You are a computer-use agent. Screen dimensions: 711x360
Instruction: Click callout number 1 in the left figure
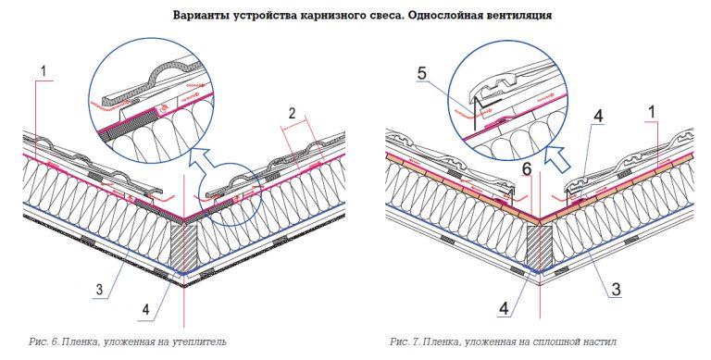[44, 70]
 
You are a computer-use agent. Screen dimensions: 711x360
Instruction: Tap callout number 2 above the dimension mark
[293, 113]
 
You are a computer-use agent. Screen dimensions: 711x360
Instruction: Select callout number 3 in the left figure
[100, 289]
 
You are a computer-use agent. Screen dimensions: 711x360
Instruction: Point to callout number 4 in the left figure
[145, 309]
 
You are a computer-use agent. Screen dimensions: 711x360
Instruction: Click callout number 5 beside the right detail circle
[422, 73]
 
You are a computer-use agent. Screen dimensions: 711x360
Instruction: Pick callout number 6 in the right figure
[527, 168]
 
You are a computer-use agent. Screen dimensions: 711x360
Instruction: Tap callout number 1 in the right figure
[652, 112]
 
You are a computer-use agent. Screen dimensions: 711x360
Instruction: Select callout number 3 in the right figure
[616, 289]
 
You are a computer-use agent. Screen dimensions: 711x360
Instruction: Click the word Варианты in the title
[194, 16]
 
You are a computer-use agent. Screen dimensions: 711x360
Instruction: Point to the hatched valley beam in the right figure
[540, 247]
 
